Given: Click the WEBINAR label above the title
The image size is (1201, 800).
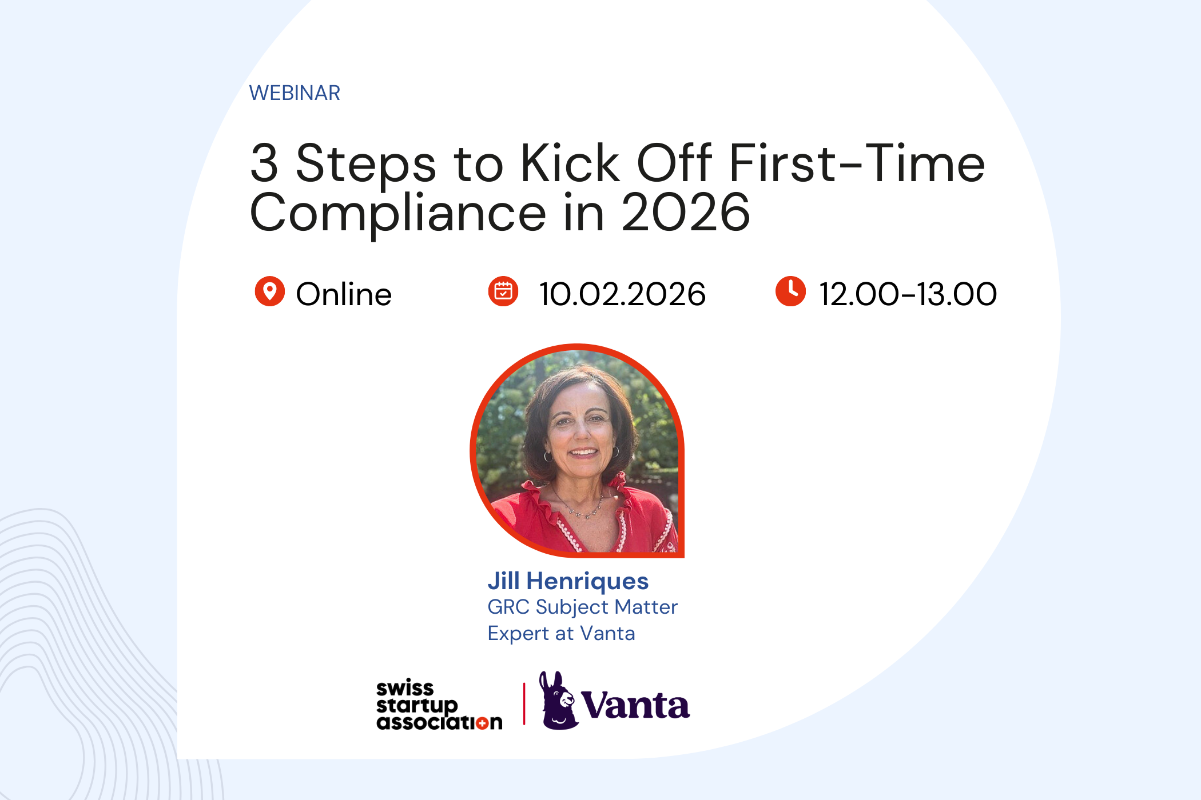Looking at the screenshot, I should point(295,93).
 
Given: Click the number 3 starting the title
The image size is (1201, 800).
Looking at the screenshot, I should point(264,163).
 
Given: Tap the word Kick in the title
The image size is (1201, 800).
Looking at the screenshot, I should point(570,163).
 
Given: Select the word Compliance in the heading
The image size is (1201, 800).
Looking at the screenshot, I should point(398,214).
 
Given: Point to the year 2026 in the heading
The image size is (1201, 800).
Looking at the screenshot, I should point(685,213).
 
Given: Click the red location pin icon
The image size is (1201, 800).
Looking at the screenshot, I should point(269,291).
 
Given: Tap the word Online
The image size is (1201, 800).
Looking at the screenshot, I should point(343,294).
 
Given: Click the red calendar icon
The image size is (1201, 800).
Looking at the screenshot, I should point(503,291).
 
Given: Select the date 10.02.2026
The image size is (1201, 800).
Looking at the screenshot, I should point(622,294).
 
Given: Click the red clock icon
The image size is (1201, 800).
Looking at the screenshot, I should point(790,291).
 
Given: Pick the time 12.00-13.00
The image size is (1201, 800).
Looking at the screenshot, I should point(908,294).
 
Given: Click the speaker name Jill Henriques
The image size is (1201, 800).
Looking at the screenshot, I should point(568,581).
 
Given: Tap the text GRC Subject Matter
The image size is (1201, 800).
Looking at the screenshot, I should point(582,607).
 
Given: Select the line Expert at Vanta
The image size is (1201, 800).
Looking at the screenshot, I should point(561,633).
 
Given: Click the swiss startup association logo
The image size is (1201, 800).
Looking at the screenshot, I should point(439,705).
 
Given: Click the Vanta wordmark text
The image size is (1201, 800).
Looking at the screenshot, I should point(635,706).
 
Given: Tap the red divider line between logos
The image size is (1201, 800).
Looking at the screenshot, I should point(524,704).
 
